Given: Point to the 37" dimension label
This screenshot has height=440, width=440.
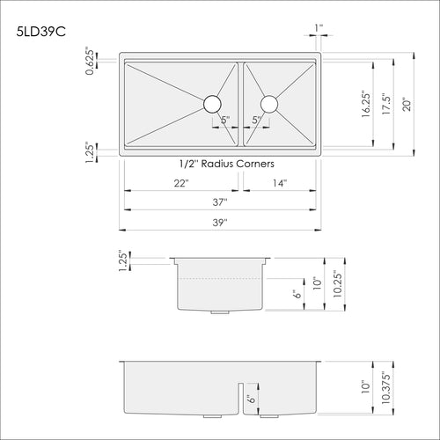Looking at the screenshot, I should [221, 202].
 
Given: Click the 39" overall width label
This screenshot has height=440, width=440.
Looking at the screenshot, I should [221, 223].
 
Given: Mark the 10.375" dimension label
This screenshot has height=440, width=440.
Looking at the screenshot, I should [386, 385].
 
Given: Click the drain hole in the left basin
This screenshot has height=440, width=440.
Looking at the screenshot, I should [212, 104].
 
